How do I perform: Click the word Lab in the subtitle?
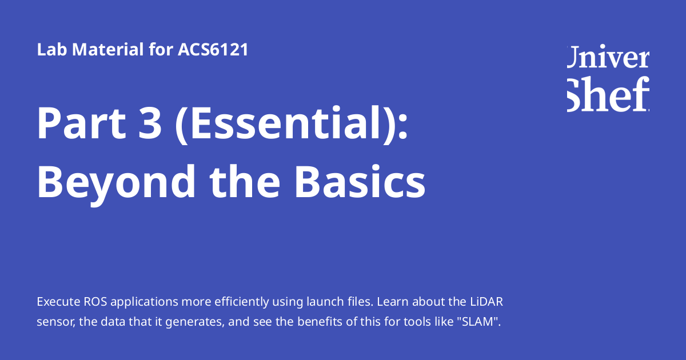pos(49,50)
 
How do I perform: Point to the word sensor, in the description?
pos(55,322)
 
